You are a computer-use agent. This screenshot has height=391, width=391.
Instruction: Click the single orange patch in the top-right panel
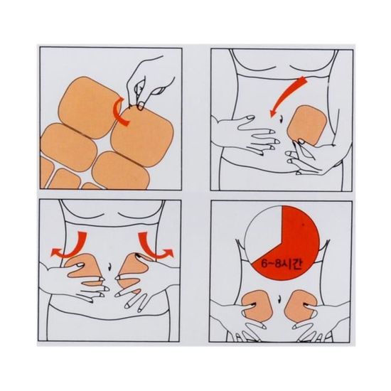(306, 125)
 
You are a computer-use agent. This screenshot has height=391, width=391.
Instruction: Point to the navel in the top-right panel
(281, 119)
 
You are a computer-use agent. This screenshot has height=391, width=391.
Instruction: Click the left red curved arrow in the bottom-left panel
(70, 246)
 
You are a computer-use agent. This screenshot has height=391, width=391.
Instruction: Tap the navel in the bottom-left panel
(109, 267)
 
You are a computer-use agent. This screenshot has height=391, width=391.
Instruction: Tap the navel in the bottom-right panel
(279, 298)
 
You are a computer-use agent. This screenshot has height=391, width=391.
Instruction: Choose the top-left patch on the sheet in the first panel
(90, 107)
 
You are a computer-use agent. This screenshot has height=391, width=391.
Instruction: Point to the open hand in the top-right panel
(247, 134)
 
